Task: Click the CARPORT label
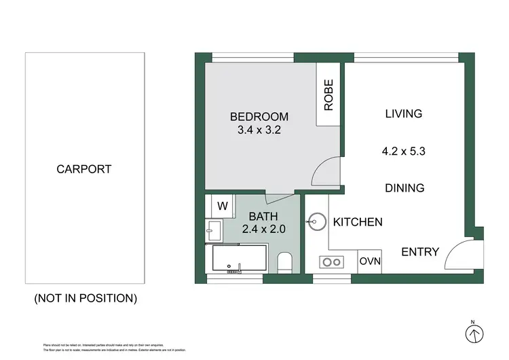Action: pos(84,169)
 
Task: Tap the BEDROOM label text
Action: pos(259,117)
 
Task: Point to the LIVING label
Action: pos(404,113)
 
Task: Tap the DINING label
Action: pos(404,188)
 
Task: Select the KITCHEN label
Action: pos(358,222)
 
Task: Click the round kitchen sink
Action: pos(316,221)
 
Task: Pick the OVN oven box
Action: pos(369,262)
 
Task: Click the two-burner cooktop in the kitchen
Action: pos(331,262)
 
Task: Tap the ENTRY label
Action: pos(420,252)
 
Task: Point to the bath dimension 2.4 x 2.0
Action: pos(259,229)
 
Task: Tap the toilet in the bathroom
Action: pos(286,262)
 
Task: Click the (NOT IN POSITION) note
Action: pos(85,298)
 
